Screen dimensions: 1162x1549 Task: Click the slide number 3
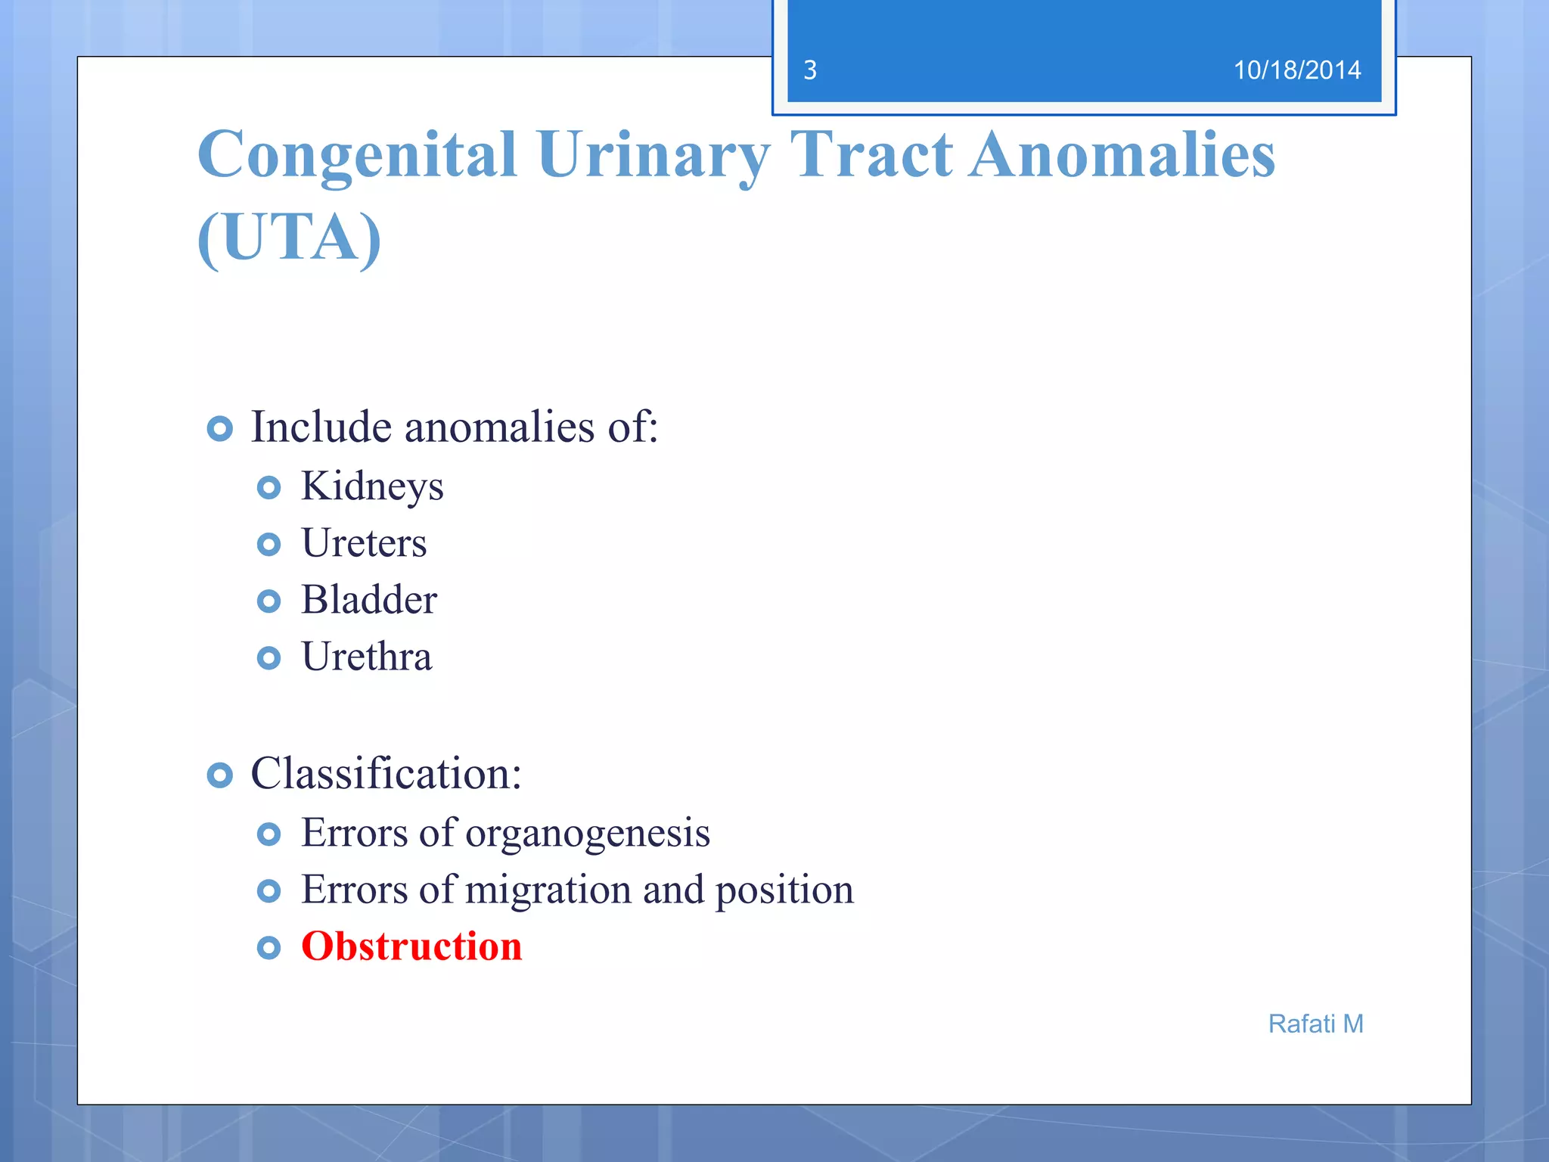pos(810,70)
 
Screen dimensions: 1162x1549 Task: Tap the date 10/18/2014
pos(1296,70)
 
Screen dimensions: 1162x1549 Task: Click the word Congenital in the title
pos(357,155)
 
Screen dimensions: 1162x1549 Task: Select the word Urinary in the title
pos(653,155)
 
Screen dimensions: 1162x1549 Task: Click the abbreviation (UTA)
pos(289,238)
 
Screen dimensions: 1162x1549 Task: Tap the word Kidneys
pos(372,486)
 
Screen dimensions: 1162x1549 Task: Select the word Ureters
pos(364,543)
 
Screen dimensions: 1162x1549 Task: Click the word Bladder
pos(369,600)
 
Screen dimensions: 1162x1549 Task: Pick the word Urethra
pos(367,657)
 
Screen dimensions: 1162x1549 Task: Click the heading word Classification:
pos(386,774)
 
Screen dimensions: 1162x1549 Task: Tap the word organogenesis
pos(588,834)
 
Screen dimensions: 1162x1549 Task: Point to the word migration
pos(548,890)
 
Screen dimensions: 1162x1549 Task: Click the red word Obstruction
pos(411,946)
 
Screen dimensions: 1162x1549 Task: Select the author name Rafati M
pos(1315,1024)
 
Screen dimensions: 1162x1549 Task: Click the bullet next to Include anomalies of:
pos(219,429)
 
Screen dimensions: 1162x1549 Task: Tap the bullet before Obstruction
pos(269,947)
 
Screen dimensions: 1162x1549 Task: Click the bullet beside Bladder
pos(269,601)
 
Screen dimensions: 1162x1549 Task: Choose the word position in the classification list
pos(784,890)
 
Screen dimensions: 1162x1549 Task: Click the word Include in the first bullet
pos(321,427)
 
